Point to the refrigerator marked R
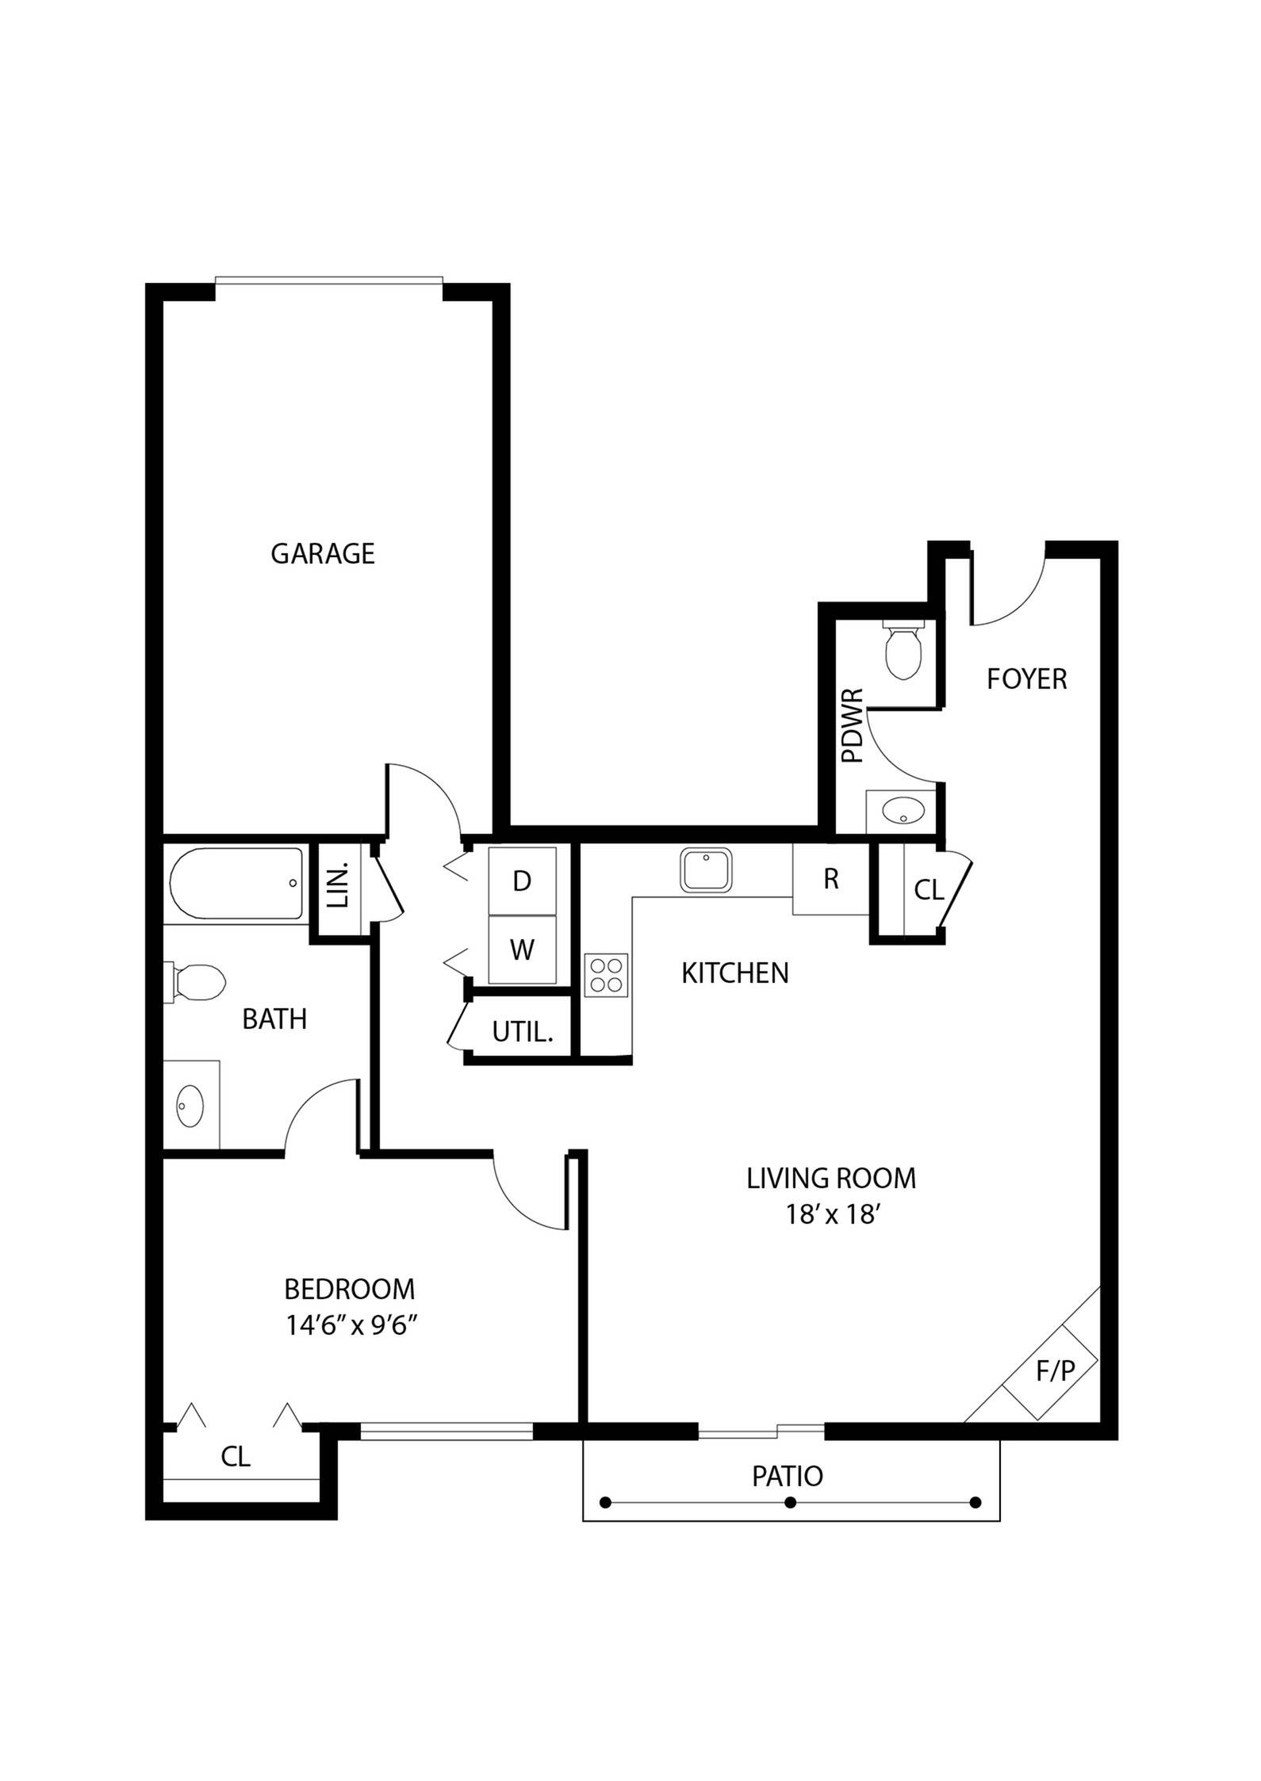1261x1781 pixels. point(830,879)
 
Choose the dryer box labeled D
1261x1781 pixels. point(521,881)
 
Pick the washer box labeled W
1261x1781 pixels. point(521,949)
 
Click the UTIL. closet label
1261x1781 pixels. point(521,1032)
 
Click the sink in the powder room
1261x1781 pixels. point(903,811)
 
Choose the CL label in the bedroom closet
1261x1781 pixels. point(236,1456)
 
